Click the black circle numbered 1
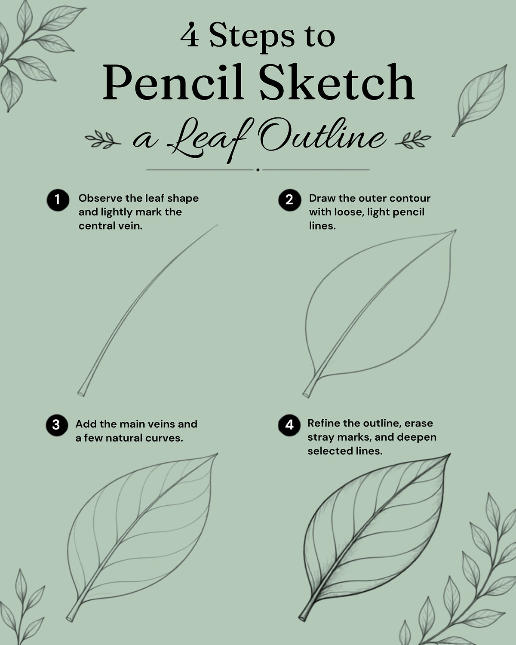(58, 200)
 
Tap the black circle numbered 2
(290, 200)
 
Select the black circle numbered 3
(57, 425)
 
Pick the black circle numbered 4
(289, 425)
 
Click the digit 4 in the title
(190, 35)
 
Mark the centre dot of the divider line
(258, 170)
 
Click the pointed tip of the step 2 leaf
(456, 230)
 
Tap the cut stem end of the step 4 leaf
(302, 618)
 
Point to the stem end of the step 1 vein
(81, 393)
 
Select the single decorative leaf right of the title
(480, 100)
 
